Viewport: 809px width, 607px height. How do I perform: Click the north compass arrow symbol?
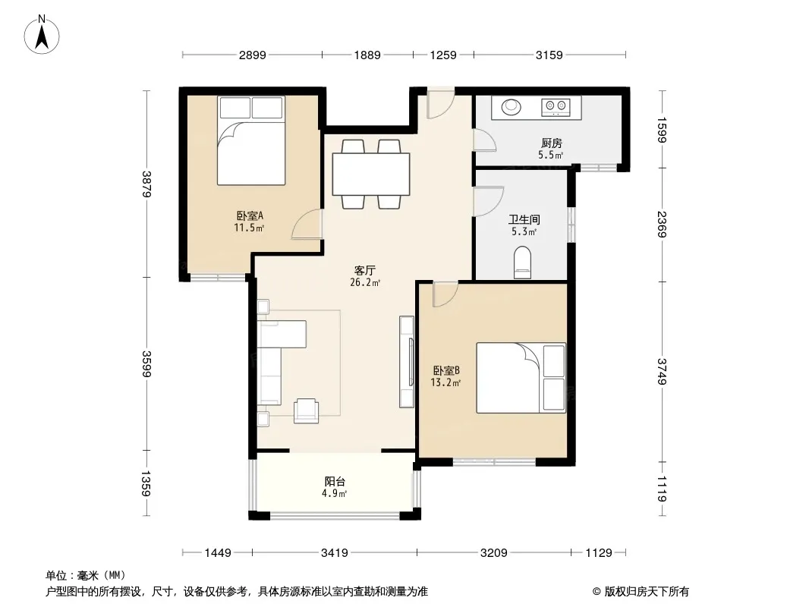[x=42, y=34]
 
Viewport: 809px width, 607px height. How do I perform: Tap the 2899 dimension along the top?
[x=252, y=55]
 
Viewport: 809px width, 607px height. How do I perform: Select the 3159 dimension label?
[x=549, y=55]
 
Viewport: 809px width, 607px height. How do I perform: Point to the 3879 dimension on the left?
[x=146, y=184]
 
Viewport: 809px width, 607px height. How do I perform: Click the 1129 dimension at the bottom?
[x=599, y=553]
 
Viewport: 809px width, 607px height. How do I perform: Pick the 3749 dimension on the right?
[x=663, y=371]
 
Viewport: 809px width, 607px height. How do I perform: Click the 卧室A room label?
[x=250, y=215]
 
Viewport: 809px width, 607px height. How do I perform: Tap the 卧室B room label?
[x=446, y=370]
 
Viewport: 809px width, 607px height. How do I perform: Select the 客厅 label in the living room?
[x=365, y=270]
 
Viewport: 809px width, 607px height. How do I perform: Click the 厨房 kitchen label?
[x=551, y=143]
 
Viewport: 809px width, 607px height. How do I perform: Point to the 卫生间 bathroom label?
[x=524, y=220]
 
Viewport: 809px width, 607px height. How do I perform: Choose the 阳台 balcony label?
[x=335, y=481]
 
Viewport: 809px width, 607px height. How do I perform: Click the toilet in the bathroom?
[x=523, y=263]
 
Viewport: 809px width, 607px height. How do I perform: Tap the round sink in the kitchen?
[x=512, y=107]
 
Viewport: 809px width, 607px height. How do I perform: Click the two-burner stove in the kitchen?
[x=556, y=107]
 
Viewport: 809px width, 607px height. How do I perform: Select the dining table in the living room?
[x=371, y=174]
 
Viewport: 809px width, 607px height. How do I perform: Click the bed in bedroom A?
[x=251, y=140]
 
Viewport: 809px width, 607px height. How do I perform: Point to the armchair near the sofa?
[x=306, y=411]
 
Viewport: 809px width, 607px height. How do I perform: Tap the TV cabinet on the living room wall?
[x=407, y=362]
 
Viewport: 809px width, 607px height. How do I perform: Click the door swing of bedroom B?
[x=445, y=294]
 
